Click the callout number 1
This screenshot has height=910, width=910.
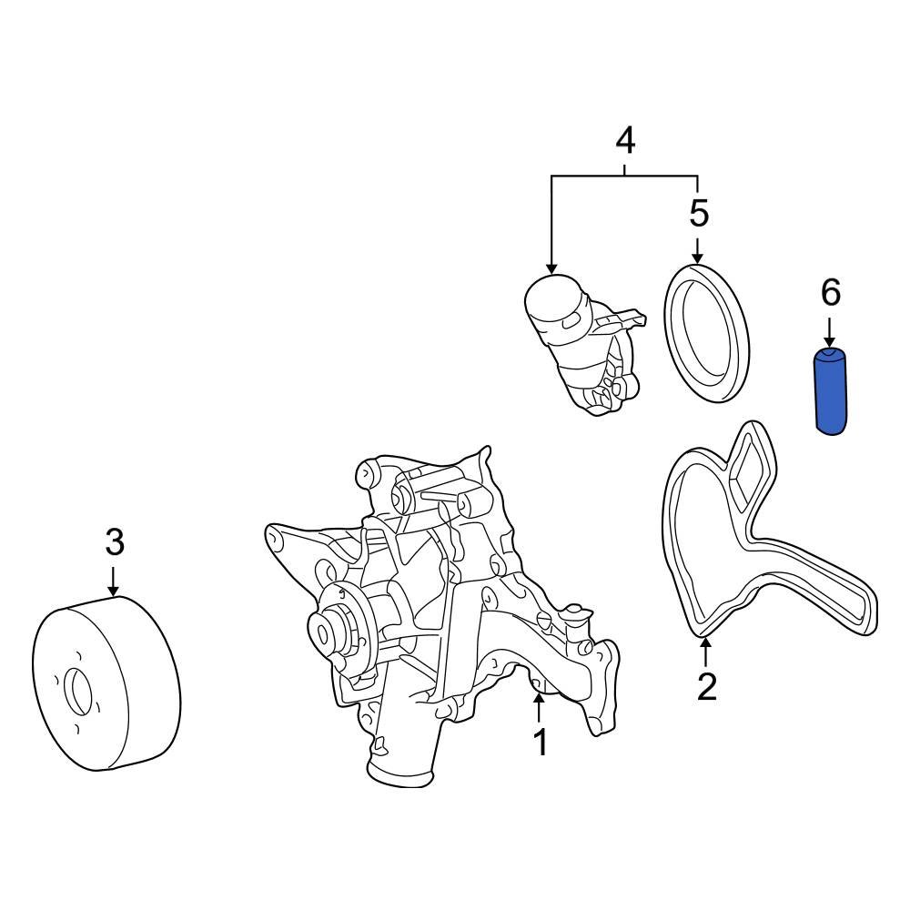pyautogui.click(x=540, y=743)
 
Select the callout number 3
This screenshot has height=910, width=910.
pyautogui.click(x=114, y=543)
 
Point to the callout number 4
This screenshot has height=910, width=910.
pyautogui.click(x=624, y=140)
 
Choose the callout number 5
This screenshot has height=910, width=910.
pyautogui.click(x=698, y=214)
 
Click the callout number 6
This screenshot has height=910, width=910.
pyautogui.click(x=830, y=293)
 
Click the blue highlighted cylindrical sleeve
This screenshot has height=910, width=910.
pyautogui.click(x=829, y=391)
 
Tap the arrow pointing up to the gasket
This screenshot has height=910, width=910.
pyautogui.click(x=706, y=652)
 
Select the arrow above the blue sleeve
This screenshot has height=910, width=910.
pyautogui.click(x=830, y=329)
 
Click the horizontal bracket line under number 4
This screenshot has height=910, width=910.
pyautogui.click(x=624, y=175)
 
